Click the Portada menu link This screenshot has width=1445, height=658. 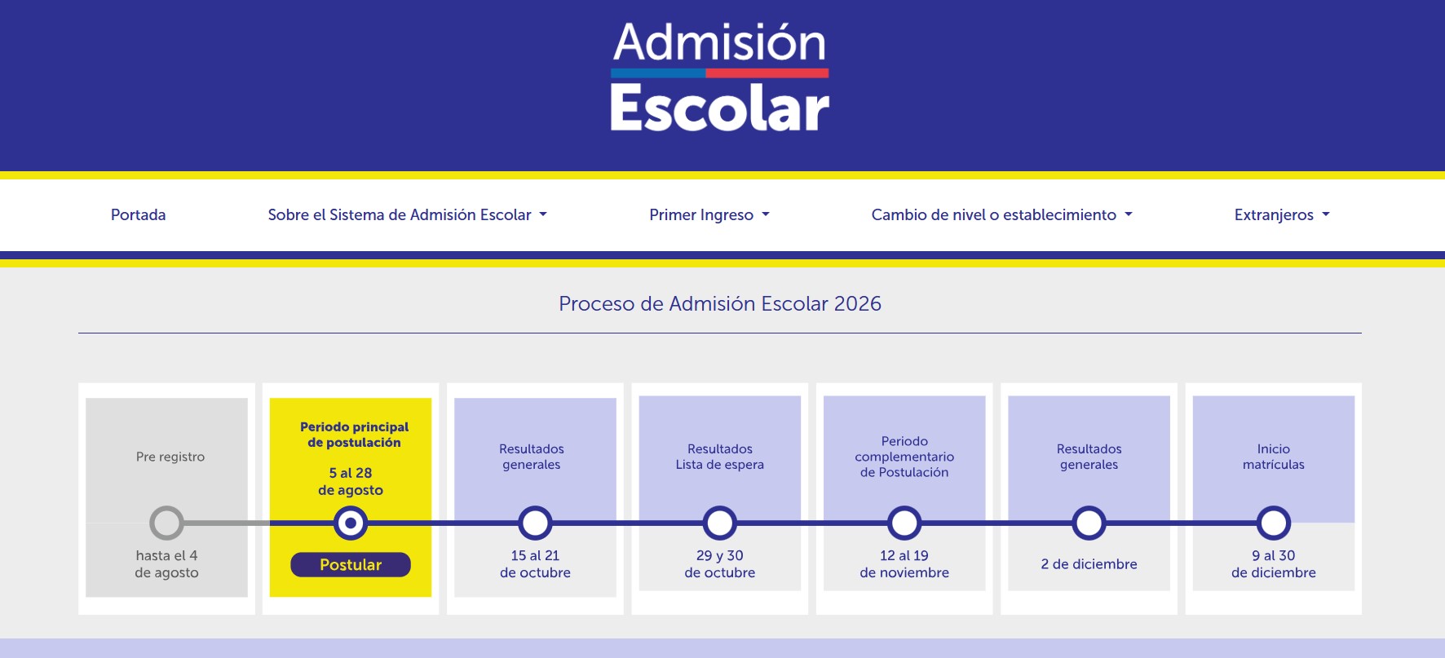pyautogui.click(x=138, y=214)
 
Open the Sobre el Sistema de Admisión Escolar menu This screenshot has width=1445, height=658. pyautogui.click(x=407, y=214)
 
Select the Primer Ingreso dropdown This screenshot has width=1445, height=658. pyautogui.click(x=709, y=215)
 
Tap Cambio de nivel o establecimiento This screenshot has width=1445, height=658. pyautogui.click(x=1001, y=214)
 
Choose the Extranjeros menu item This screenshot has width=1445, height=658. pyautogui.click(x=1282, y=215)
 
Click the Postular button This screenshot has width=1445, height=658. pyautogui.click(x=351, y=564)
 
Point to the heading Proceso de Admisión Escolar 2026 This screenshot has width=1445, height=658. pyautogui.click(x=720, y=303)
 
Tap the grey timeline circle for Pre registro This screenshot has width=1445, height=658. pyautogui.click(x=166, y=508)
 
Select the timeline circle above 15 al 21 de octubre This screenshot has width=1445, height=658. pyautogui.click(x=535, y=508)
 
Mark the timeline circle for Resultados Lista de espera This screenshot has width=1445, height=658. pyautogui.click(x=720, y=508)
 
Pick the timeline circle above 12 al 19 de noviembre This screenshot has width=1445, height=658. pyautogui.click(x=904, y=508)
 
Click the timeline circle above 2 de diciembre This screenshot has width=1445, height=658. pyautogui.click(x=1089, y=508)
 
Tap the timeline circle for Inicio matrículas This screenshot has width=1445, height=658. pyautogui.click(x=1274, y=508)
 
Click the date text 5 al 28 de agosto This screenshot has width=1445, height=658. pyautogui.click(x=351, y=481)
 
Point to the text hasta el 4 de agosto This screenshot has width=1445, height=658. pyautogui.click(x=166, y=563)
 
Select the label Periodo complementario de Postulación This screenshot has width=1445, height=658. pyautogui.click(x=904, y=457)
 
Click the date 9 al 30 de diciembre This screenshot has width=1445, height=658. pyautogui.click(x=1274, y=563)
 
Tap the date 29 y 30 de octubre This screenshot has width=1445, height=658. pyautogui.click(x=720, y=563)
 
